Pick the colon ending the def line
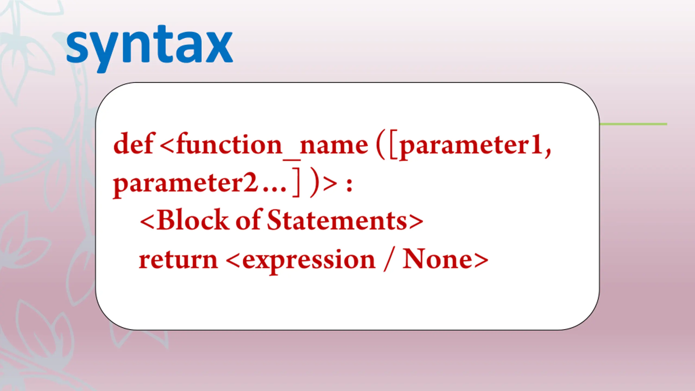(x=349, y=185)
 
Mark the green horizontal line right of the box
(x=633, y=124)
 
